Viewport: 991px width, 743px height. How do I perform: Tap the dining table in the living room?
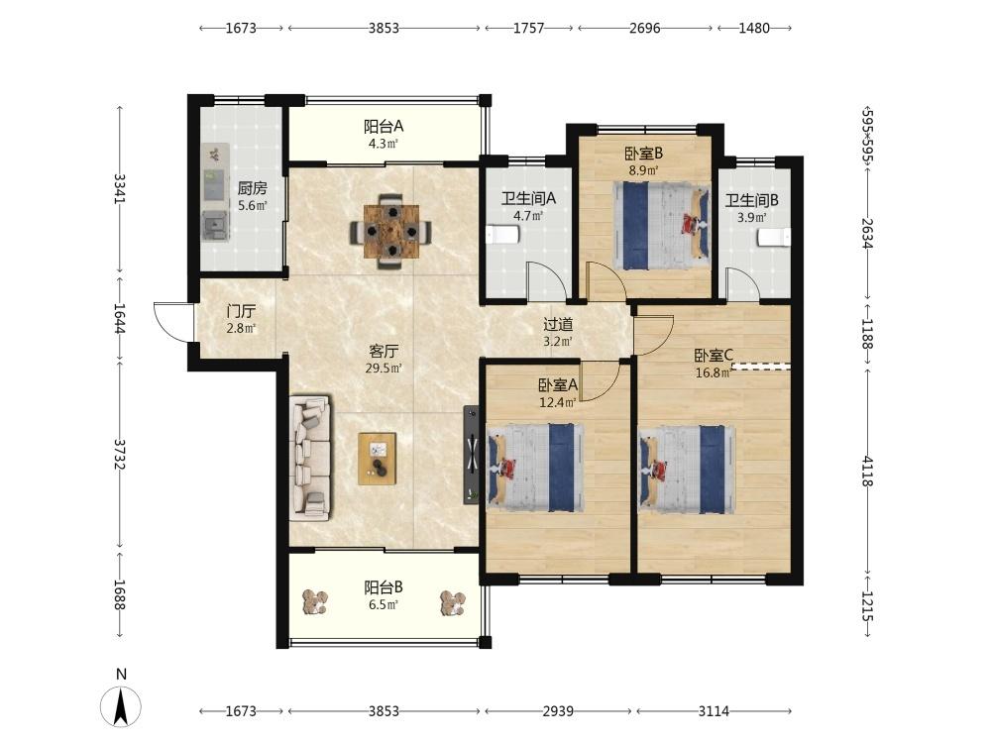coord(391,231)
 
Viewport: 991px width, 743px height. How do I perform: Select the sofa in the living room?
coord(310,458)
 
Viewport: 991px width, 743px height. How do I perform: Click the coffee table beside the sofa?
coord(378,459)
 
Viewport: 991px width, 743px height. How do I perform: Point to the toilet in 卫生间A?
coord(502,235)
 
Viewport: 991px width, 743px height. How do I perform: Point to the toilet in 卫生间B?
coord(774,238)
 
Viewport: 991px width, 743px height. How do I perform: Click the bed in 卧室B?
coord(661,226)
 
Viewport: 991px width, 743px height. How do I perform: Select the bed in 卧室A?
coord(535,468)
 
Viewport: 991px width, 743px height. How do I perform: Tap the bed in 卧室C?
coord(688,469)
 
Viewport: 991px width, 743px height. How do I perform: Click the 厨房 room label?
coord(252,188)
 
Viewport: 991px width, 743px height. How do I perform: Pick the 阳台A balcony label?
coord(383,127)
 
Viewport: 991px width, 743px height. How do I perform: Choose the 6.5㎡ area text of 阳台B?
coord(383,604)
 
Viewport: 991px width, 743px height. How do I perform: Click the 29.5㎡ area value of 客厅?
coord(384,368)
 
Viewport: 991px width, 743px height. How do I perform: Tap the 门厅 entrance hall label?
coord(242,311)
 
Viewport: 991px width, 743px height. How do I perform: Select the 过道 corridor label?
coord(558,325)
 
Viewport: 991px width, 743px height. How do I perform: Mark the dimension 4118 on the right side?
coord(866,472)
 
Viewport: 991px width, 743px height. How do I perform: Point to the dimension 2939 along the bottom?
coord(558,711)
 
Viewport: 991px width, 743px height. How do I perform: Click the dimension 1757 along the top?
coord(528,28)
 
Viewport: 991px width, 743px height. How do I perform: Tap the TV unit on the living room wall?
coord(472,455)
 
